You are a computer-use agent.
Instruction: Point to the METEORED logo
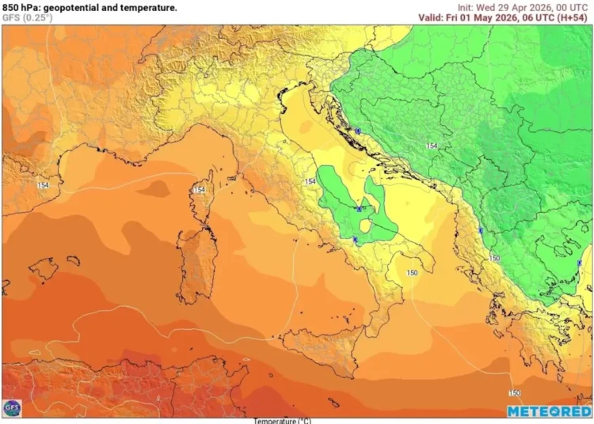[x=548, y=411]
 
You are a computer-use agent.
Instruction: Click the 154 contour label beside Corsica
[x=200, y=190]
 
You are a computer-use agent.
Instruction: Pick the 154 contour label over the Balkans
[x=432, y=146]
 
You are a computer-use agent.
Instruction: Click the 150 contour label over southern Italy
[x=412, y=273]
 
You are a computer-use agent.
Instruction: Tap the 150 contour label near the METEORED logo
[x=514, y=392]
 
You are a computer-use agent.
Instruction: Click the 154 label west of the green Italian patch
[x=310, y=182]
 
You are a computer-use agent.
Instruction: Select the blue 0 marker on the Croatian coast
[x=358, y=131]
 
